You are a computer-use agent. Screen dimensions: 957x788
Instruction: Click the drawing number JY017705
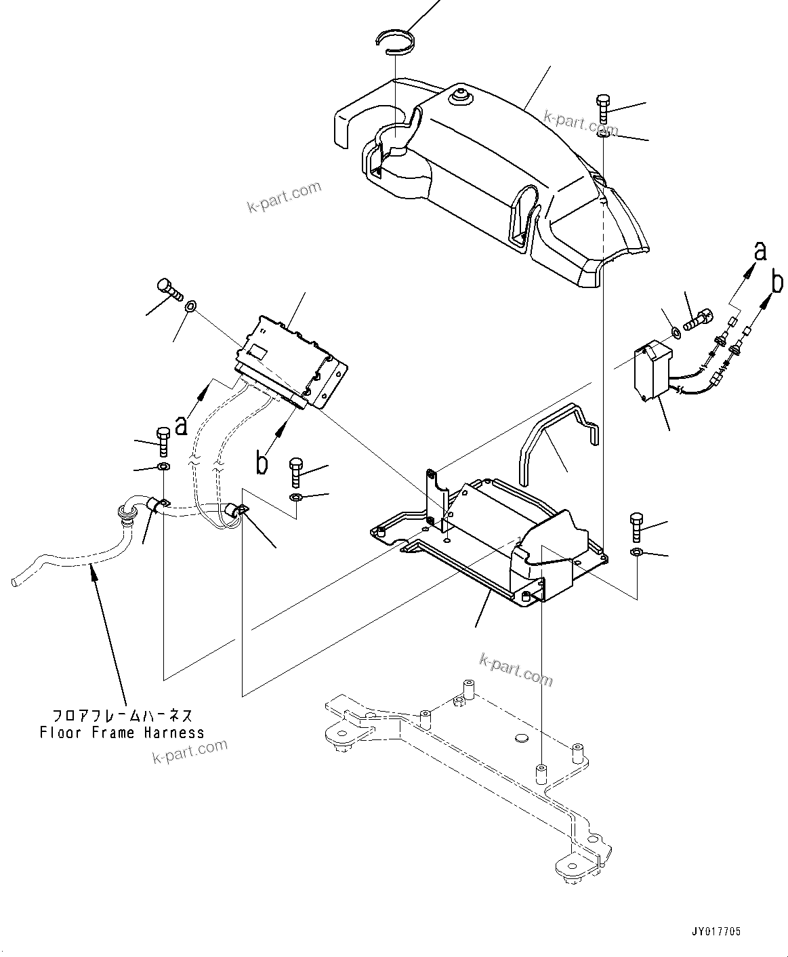[716, 932]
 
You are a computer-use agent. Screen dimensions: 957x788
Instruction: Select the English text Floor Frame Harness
[122, 733]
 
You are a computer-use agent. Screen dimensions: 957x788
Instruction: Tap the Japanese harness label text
[122, 716]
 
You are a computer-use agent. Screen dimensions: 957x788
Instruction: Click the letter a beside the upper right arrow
[760, 251]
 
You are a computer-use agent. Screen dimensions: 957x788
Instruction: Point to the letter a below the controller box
[181, 425]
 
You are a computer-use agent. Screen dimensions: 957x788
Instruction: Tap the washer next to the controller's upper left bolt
[192, 308]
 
